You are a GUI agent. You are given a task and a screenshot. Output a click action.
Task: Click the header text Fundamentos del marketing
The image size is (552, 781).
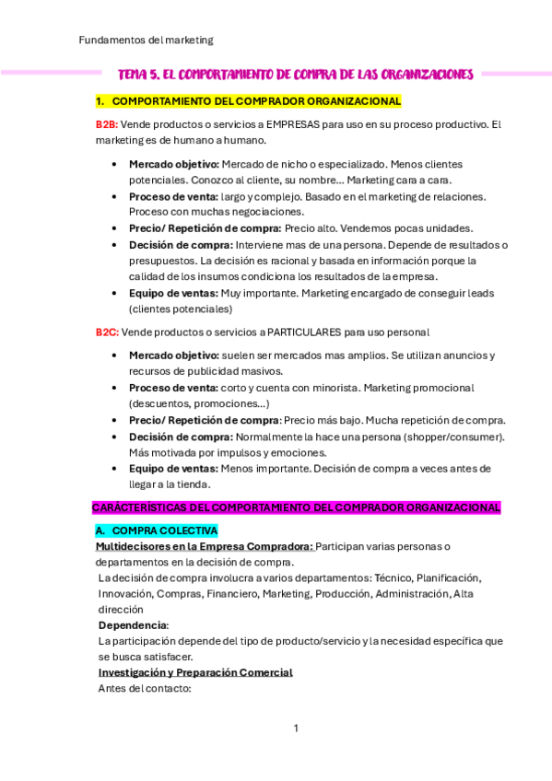(x=146, y=40)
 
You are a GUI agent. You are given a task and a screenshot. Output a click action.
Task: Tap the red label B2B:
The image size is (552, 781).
(x=106, y=124)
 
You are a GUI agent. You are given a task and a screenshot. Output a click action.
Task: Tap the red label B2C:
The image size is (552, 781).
(x=107, y=332)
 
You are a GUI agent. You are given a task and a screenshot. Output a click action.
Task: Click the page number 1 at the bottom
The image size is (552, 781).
(x=296, y=729)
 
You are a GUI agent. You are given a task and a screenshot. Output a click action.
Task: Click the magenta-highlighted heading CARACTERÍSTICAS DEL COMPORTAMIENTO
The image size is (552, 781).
(x=296, y=507)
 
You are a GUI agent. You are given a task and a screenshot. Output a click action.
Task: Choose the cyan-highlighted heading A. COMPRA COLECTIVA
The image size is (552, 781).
(x=157, y=530)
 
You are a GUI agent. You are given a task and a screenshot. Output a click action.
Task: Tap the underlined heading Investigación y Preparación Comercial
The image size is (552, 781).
(x=195, y=672)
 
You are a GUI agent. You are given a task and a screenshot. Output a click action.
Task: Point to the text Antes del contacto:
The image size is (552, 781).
(x=144, y=688)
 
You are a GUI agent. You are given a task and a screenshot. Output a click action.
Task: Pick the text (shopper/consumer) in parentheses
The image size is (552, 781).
(x=458, y=437)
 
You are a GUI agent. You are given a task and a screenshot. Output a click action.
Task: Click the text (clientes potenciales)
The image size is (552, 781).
(x=182, y=309)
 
